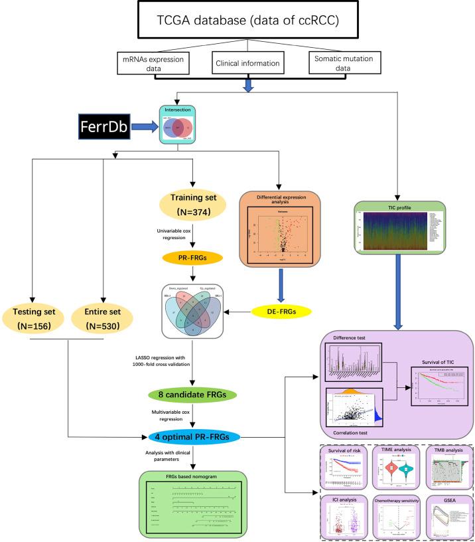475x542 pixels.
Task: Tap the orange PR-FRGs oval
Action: (x=192, y=254)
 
